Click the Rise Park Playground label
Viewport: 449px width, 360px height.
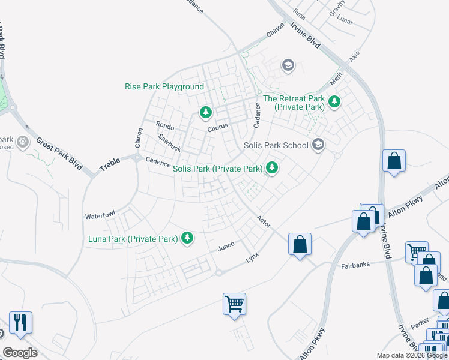[x=164, y=87]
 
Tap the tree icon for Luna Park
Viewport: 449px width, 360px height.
[x=188, y=239]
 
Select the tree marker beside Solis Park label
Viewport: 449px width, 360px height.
[x=272, y=169]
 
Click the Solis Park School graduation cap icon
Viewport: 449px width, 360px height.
[x=318, y=145]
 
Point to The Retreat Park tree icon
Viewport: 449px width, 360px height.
[x=334, y=103]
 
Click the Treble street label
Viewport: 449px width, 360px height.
[x=110, y=164]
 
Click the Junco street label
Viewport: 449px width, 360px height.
[x=225, y=246]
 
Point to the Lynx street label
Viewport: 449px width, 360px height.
[x=252, y=257]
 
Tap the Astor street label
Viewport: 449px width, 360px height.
[x=263, y=221]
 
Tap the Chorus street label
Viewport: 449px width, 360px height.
[x=218, y=128]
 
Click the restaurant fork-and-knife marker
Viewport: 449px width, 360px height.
[x=20, y=323]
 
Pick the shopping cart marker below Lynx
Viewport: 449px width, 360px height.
[x=234, y=303]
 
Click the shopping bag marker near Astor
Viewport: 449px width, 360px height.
[x=300, y=244]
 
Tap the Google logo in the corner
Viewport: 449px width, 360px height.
[x=20, y=352]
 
